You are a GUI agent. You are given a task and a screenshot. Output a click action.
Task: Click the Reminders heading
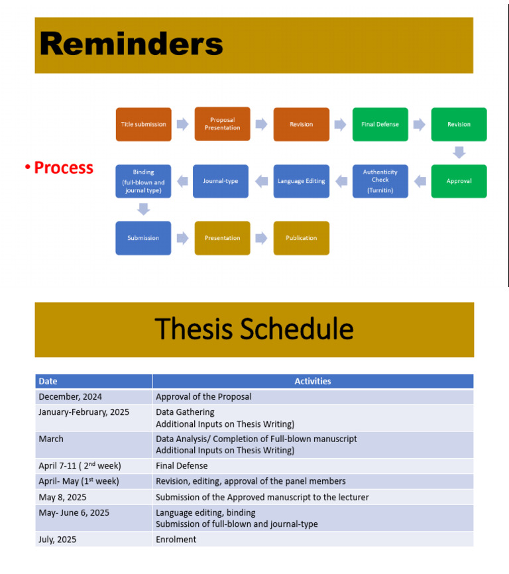tap(131, 44)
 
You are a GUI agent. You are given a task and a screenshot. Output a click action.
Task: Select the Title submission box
tap(143, 125)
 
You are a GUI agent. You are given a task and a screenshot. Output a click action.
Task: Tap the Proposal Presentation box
tap(222, 124)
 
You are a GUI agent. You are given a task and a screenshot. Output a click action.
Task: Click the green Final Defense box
tap(380, 125)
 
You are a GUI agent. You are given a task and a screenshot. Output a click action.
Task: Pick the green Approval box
tap(459, 181)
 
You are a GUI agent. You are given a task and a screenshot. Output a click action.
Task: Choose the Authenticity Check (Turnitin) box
tap(380, 181)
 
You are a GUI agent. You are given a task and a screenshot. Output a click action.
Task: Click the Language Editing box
tap(301, 181)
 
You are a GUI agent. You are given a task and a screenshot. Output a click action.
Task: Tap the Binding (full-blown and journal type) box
tap(143, 181)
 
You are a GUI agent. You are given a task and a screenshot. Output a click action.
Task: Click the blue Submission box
tap(143, 238)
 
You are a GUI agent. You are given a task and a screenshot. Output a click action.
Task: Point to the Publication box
tap(301, 238)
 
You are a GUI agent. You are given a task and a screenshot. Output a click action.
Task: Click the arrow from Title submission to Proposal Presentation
tap(182, 125)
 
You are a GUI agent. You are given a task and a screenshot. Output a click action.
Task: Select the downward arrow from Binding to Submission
tap(143, 209)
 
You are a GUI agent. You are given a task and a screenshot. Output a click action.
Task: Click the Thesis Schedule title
tap(254, 329)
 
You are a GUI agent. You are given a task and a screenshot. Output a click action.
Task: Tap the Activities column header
tap(312, 381)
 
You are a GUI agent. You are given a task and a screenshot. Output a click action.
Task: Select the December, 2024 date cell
tap(93, 397)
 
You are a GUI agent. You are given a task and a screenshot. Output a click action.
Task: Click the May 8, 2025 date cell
tap(93, 497)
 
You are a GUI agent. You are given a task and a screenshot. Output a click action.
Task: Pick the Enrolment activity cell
tap(312, 540)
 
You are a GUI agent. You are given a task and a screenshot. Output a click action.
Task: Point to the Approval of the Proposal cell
tap(312, 397)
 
